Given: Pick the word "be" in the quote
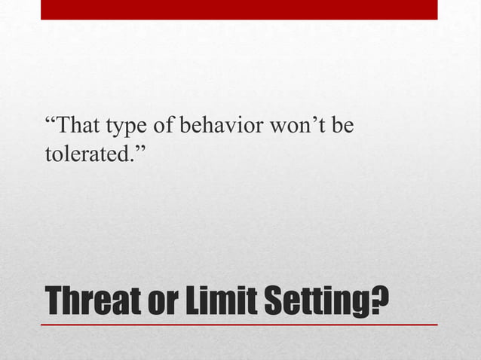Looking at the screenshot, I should (343, 124).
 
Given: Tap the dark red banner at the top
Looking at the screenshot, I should (239, 9).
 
